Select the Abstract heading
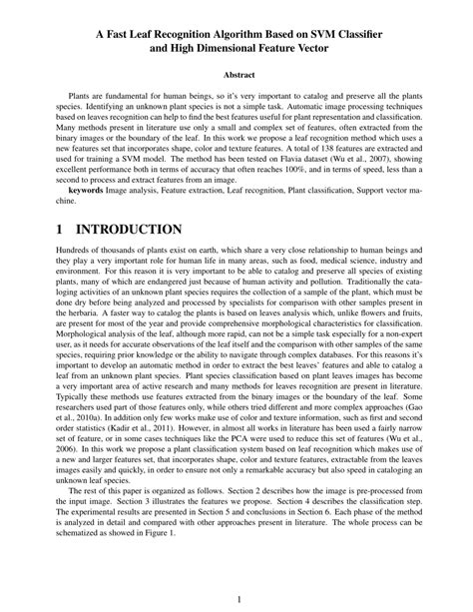coord(236,76)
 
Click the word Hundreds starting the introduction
coord(76,258)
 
